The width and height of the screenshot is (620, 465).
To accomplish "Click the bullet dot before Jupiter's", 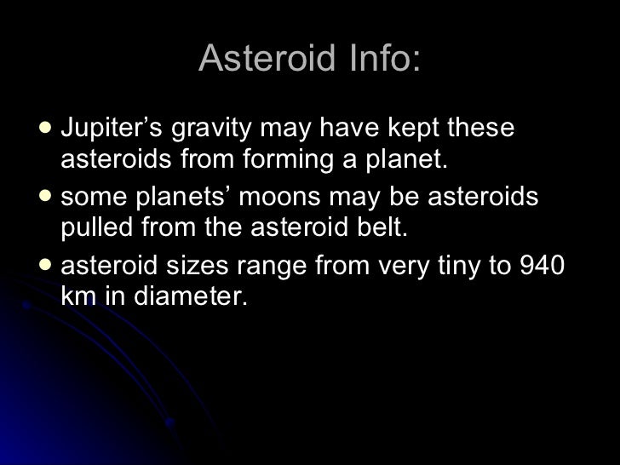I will coord(45,130).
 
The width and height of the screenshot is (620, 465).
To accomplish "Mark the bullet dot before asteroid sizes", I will coord(45,267).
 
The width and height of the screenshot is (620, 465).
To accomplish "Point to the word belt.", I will coord(374,229).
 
